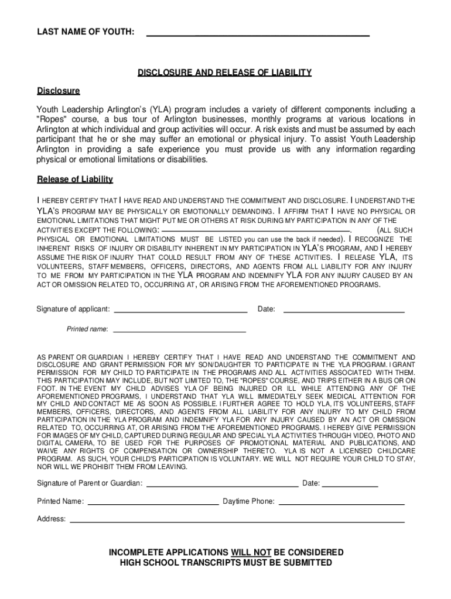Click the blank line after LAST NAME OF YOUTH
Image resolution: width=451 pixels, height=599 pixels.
pyautogui.click(x=258, y=35)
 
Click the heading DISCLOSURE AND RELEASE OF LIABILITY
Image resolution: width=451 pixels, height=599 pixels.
pyautogui.click(x=224, y=73)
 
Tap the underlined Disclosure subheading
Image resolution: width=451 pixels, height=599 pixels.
pyautogui.click(x=59, y=91)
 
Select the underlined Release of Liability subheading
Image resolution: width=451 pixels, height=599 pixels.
pyautogui.click(x=75, y=179)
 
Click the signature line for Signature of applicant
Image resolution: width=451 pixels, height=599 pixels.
pyautogui.click(x=180, y=312)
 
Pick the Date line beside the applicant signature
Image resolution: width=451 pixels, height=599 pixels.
pyautogui.click(x=344, y=312)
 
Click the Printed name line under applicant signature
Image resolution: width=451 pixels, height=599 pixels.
pyautogui.click(x=179, y=332)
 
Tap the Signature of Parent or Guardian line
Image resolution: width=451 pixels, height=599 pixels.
pyautogui.click(x=222, y=486)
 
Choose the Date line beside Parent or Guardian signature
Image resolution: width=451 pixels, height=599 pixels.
pyautogui.click(x=350, y=486)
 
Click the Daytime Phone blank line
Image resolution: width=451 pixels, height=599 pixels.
pyautogui.click(x=341, y=503)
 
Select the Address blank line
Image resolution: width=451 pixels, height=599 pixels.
pyautogui.click(x=237, y=521)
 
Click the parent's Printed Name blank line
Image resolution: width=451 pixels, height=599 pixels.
pyautogui.click(x=153, y=503)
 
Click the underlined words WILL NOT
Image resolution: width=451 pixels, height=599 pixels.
pyautogui.click(x=251, y=552)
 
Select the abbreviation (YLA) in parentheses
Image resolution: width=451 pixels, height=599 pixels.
pyautogui.click(x=159, y=109)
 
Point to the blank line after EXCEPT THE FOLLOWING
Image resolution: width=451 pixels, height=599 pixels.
pyautogui.click(x=255, y=231)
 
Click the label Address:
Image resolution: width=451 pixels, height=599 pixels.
pyautogui.click(x=52, y=519)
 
